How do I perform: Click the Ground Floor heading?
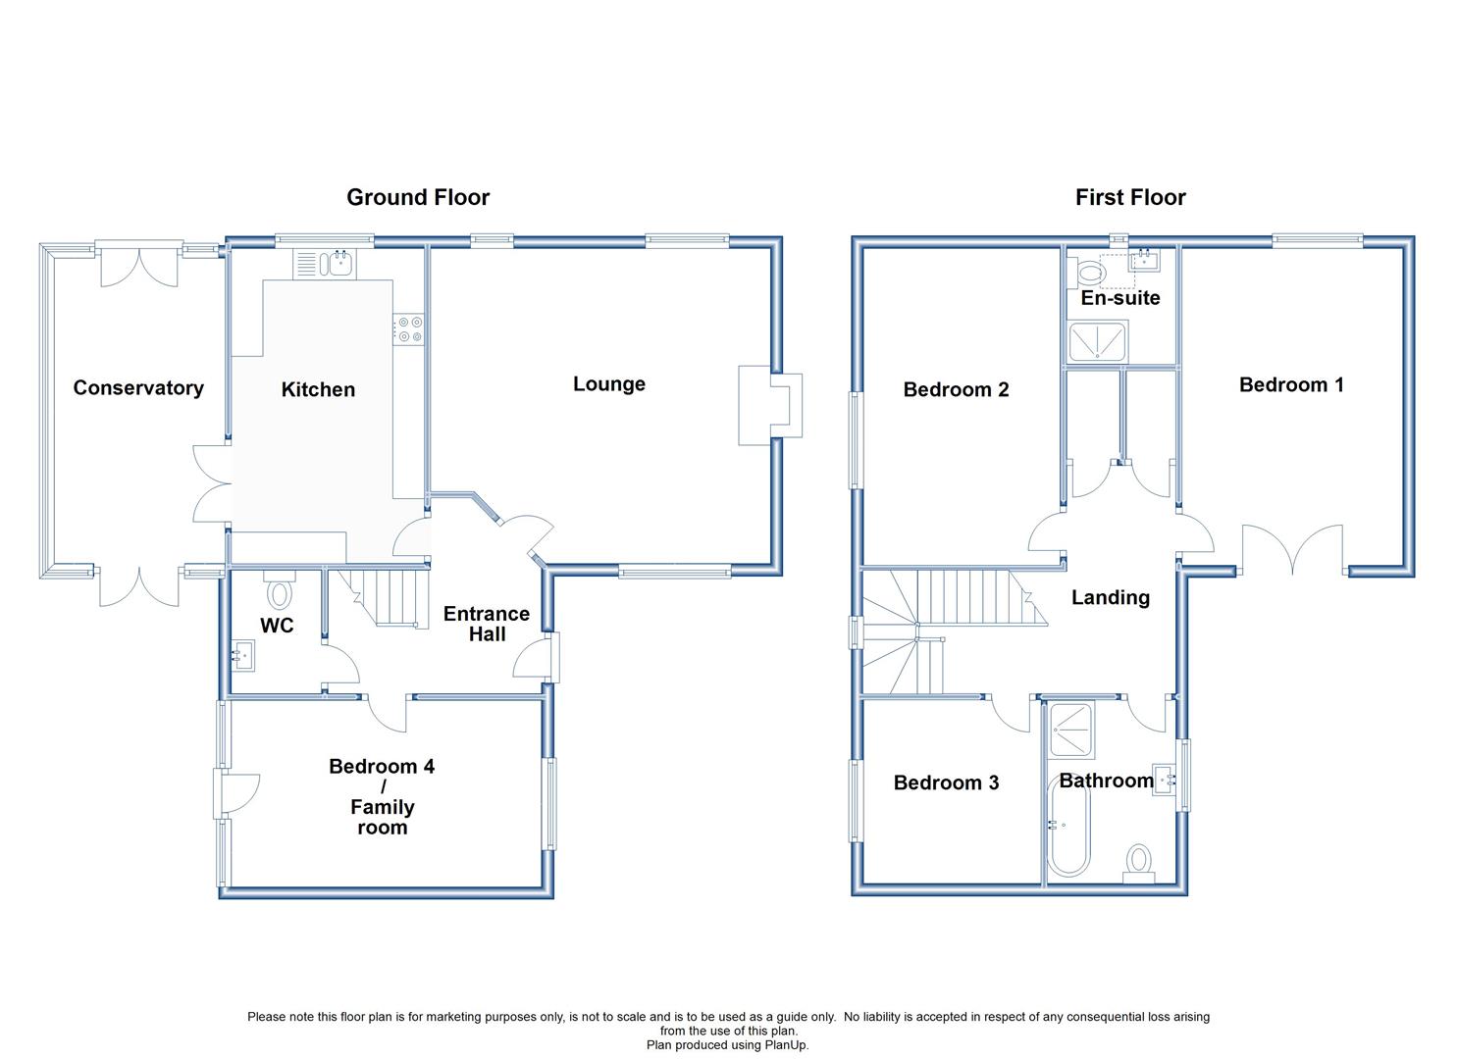point(418,197)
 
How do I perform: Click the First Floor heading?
point(1130,197)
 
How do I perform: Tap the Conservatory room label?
point(138,388)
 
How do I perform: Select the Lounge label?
point(609,384)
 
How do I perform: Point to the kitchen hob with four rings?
point(409,328)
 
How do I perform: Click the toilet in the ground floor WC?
point(280,590)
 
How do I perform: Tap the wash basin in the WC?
point(243,655)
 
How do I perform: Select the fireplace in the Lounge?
point(770,406)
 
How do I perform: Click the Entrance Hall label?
point(487,624)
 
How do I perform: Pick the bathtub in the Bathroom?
point(1068,827)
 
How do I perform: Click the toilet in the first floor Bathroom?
point(1139,864)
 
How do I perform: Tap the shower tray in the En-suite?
point(1098,341)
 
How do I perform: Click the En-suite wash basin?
point(1146,260)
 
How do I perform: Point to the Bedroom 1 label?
point(1291,384)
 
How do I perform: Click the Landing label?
point(1111,597)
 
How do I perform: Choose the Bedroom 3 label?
point(946,782)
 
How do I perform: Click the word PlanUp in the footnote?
point(785,1044)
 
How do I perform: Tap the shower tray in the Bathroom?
point(1072,730)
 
